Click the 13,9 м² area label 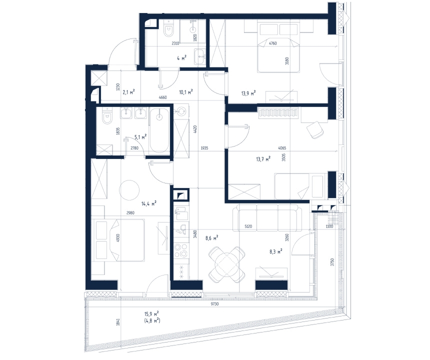pos(248,93)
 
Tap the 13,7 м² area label pos(263,159)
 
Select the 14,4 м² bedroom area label pos(149,203)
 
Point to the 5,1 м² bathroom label pos(140,137)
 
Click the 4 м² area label pos(181,58)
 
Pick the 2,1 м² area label pos(128,92)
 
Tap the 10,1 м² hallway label pos(185,92)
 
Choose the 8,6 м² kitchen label pos(211,237)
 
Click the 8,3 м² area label pos(276,251)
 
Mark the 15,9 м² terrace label pos(151,313)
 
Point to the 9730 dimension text pos(214,304)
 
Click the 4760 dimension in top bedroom pos(272,43)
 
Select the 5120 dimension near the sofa pos(248,226)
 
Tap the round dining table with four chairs pos(227,264)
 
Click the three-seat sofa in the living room pos(267,219)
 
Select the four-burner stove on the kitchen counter pos(181,250)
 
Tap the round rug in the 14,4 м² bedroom pos(129,190)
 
